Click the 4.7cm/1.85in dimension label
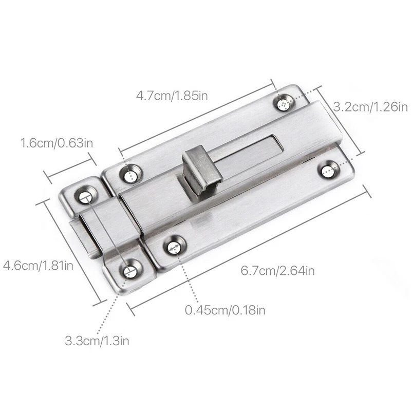click(172, 96)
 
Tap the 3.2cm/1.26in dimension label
click(370, 107)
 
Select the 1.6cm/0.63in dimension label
click(57, 143)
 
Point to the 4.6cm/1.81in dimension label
click(38, 266)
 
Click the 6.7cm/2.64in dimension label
click(278, 271)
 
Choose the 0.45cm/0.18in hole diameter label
click(225, 310)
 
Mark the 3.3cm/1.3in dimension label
click(97, 341)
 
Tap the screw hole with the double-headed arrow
click(174, 248)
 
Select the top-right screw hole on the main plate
click(284, 104)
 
